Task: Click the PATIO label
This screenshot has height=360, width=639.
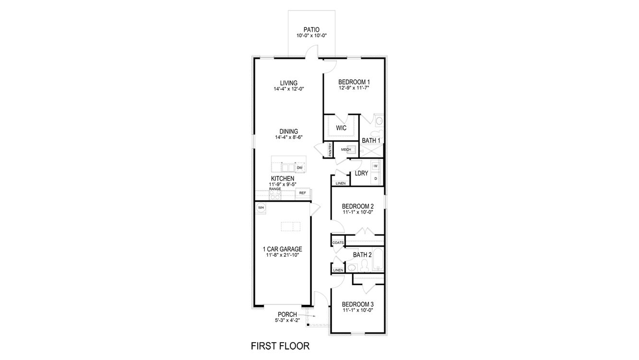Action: click(311, 30)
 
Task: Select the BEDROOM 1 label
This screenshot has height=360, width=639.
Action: click(354, 82)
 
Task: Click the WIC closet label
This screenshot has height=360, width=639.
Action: click(341, 128)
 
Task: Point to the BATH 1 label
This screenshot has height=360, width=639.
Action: click(371, 141)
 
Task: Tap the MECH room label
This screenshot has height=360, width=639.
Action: click(346, 150)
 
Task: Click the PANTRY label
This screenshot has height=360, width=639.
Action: click(330, 150)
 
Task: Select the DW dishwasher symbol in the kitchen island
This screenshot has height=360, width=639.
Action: click(299, 168)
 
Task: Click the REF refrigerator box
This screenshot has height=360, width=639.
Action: click(303, 193)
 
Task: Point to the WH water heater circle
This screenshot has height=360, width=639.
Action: click(261, 208)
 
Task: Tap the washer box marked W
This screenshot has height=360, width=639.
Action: click(376, 166)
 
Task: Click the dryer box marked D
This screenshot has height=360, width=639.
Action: click(376, 179)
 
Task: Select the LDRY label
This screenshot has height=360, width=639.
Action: click(361, 173)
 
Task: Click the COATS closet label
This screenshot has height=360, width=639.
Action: click(338, 243)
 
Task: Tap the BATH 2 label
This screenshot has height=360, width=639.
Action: click(362, 255)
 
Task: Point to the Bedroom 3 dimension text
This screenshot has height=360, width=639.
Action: click(357, 310)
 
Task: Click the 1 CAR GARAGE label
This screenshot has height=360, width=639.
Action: click(282, 249)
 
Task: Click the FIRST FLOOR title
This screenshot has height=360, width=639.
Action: click(280, 346)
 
